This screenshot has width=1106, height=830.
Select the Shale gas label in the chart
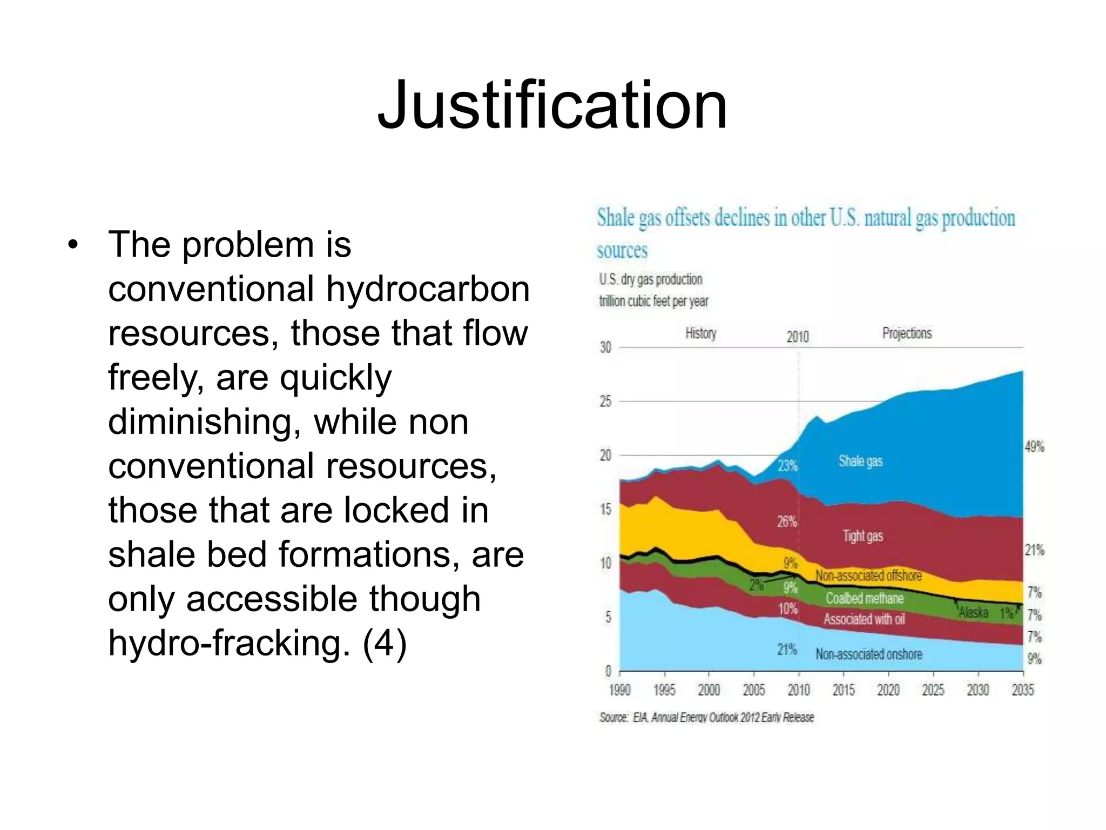coord(860,461)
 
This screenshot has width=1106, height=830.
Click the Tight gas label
coord(862,536)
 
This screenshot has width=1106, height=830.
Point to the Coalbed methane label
coord(864,598)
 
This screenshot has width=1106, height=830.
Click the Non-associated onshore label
coord(868,654)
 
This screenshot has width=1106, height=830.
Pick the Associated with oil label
coord(864,619)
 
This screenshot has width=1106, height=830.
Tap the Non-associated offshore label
coord(868,575)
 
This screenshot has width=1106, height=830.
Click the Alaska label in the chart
coord(973,613)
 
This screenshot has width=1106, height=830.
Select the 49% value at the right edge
coord(1034,447)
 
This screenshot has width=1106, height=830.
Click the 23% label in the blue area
coord(787,465)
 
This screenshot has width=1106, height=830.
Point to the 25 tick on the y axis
coord(605,401)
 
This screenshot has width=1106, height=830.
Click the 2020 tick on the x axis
coord(888,690)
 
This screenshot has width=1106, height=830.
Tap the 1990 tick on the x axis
coord(619,690)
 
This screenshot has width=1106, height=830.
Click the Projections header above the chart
coord(907,333)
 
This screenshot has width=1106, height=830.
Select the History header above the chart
coord(700,333)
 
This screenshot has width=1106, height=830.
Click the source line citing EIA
coord(706,718)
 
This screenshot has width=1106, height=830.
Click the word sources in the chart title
coord(622,251)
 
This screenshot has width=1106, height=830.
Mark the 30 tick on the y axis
coord(605,347)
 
